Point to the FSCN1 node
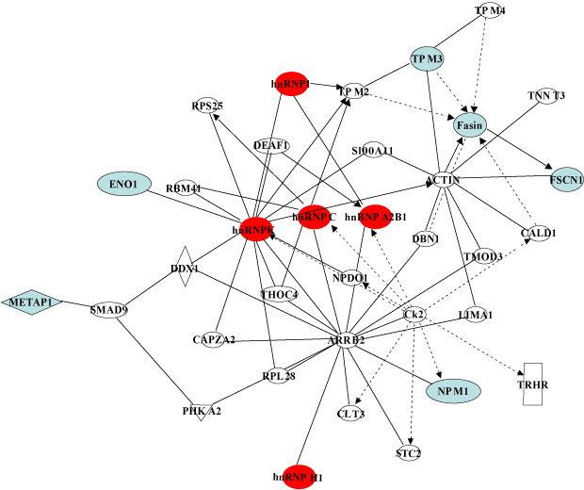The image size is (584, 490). coord(566,178)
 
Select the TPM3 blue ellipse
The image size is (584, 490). coord(427,59)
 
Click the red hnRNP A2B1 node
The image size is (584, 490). coord(375,217)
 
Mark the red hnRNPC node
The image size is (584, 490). coord(314,218)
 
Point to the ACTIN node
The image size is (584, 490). coord(442,179)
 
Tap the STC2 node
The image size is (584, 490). coord(408,454)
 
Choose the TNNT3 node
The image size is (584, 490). coord(546,95)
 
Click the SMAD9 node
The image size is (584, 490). coord(108,308)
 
